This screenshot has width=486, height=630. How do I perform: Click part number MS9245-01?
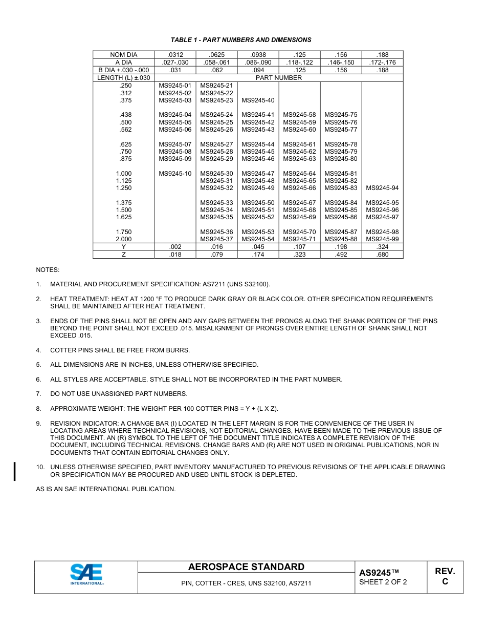tap(175, 86)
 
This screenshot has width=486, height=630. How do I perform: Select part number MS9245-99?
tap(382, 239)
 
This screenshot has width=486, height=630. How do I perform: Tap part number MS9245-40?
tap(258, 100)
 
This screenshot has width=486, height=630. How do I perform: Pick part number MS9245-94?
tap(382, 188)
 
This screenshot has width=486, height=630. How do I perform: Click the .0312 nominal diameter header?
tap(175, 55)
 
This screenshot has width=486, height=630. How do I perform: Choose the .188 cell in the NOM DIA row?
tap(382, 55)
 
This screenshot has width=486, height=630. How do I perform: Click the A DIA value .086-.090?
tap(258, 62)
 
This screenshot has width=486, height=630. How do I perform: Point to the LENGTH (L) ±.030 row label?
tap(123, 78)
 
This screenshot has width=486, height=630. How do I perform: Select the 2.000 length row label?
tap(123, 239)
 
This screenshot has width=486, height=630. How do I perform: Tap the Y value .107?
tap(299, 247)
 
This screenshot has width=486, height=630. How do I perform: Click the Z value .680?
tap(382, 255)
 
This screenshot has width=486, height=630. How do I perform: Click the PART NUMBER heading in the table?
tap(279, 78)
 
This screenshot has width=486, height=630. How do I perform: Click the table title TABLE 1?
tap(241, 40)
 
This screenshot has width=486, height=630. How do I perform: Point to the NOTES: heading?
tap(48, 269)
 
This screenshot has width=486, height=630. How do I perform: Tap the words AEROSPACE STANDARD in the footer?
tap(246, 567)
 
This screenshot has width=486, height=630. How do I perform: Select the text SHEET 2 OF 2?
tap(383, 582)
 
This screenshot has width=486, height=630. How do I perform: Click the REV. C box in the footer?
tap(445, 577)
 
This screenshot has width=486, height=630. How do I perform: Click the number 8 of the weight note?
tap(38, 409)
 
